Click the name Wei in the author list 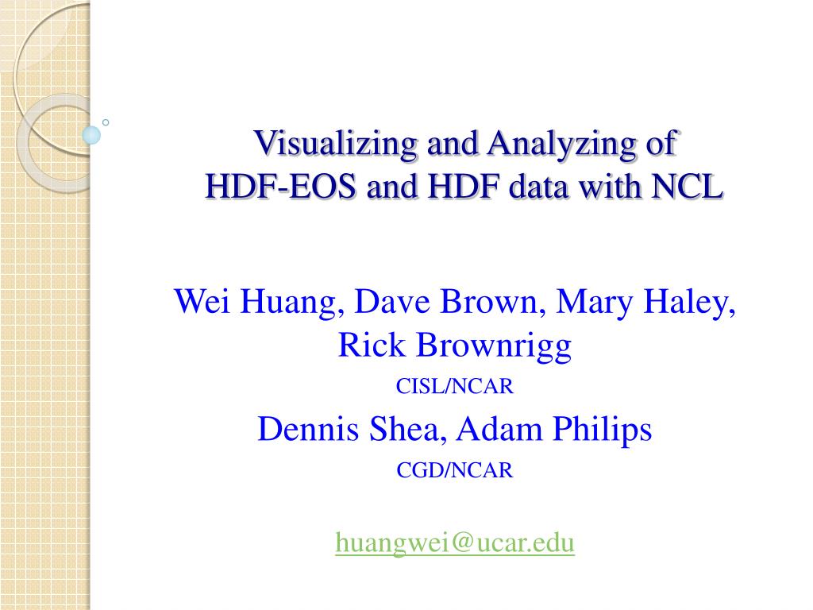click(x=198, y=302)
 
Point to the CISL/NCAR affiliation click(x=455, y=387)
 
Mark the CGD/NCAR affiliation click(x=455, y=471)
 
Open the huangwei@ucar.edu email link click(x=455, y=542)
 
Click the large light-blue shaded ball click(x=92, y=135)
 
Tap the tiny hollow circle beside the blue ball click(x=106, y=122)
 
